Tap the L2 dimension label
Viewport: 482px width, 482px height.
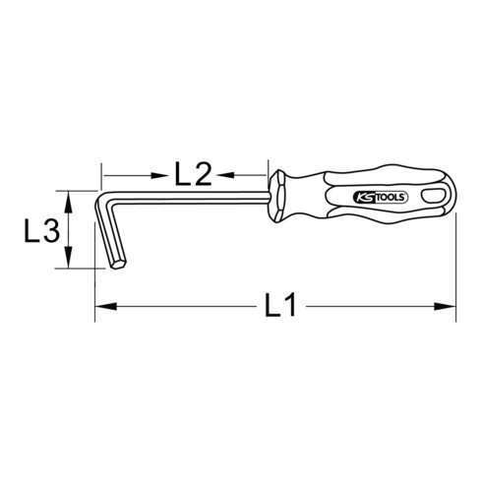pyautogui.click(x=193, y=174)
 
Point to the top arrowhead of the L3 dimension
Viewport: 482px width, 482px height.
pyautogui.click(x=70, y=198)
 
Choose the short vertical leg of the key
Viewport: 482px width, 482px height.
pyautogui.click(x=109, y=231)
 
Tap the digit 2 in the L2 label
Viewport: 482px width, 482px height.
pyautogui.click(x=203, y=174)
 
